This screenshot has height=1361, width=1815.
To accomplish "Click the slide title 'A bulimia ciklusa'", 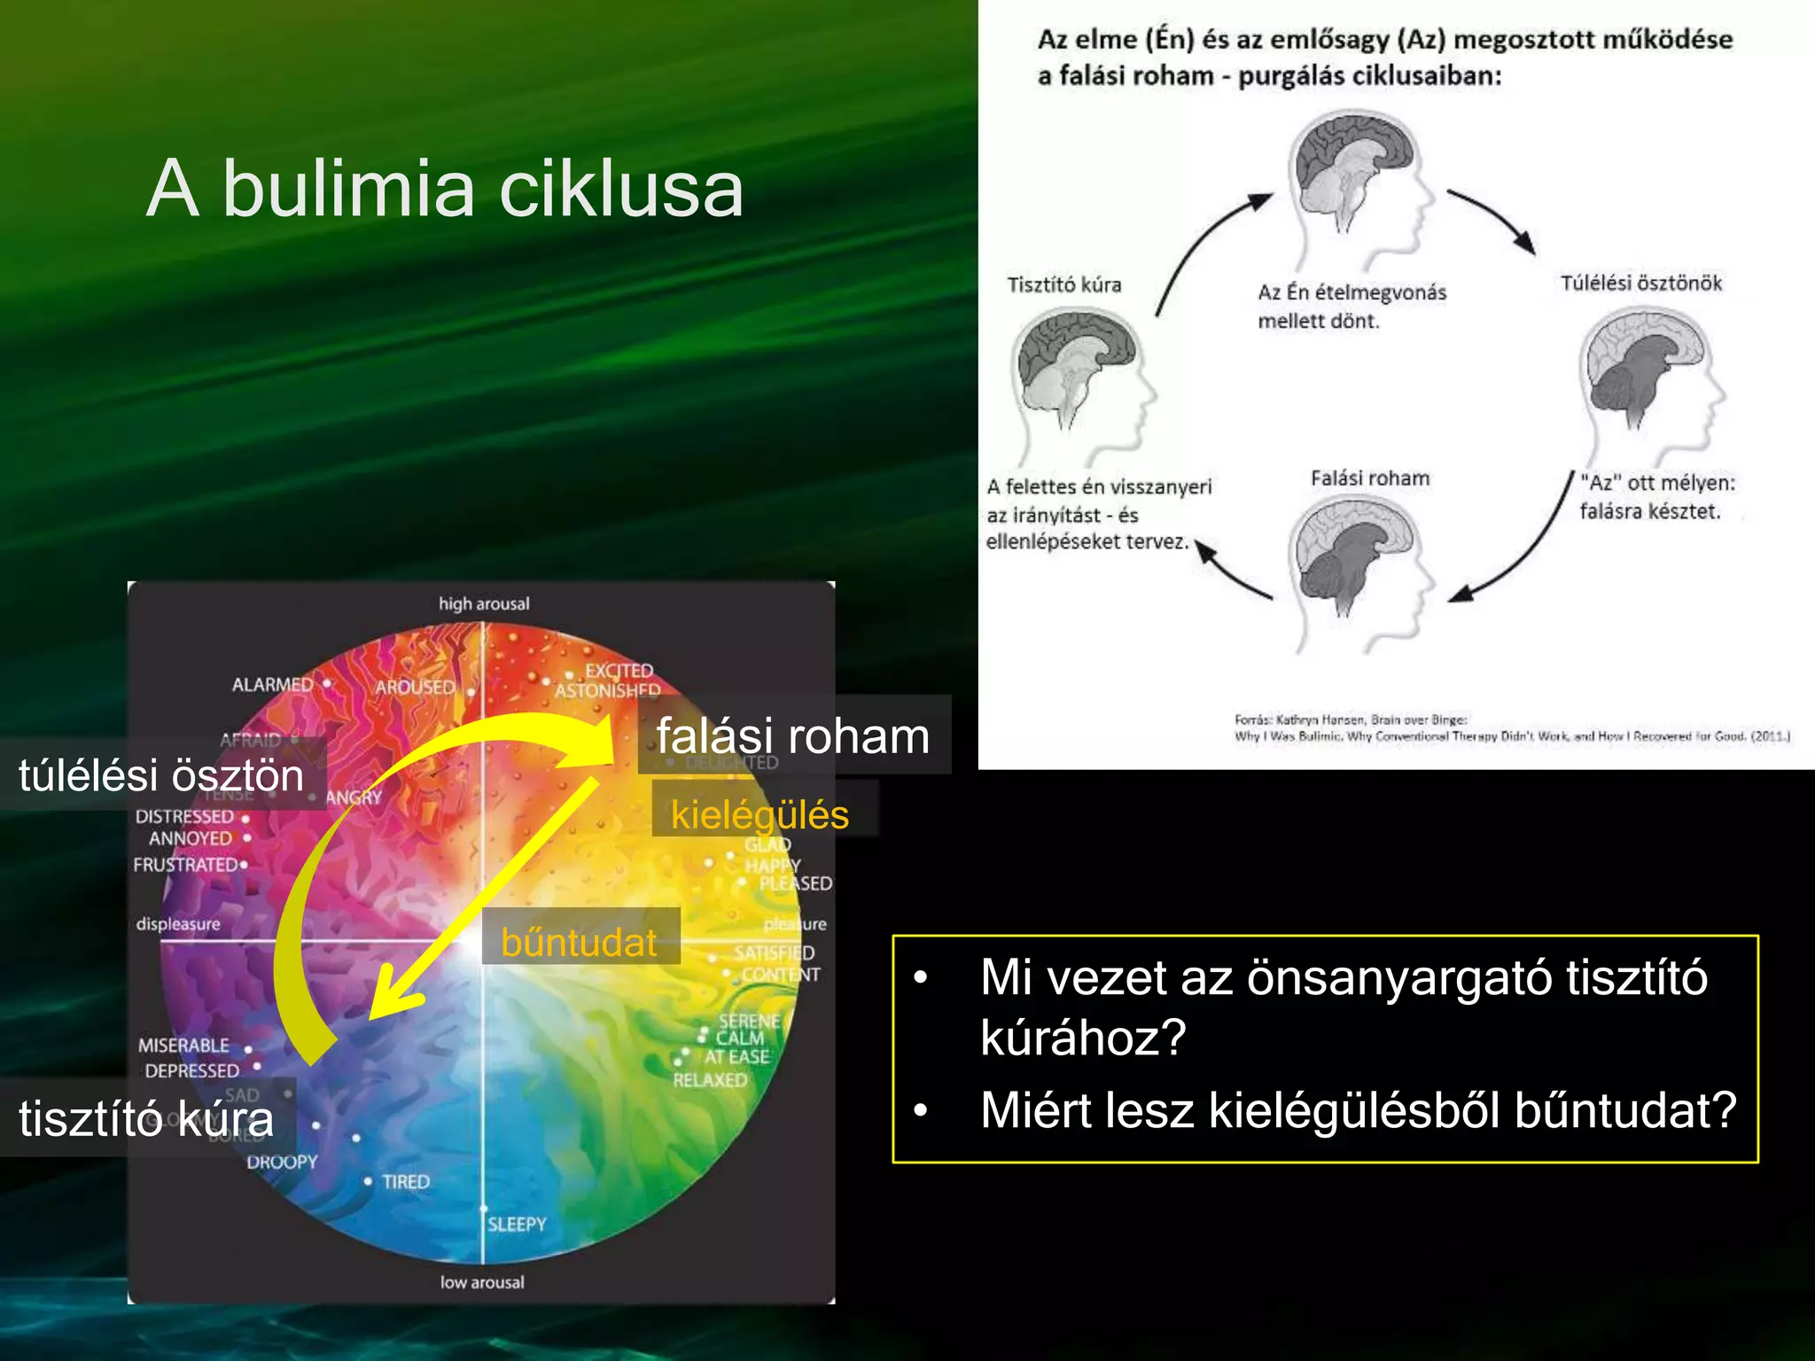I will (x=445, y=189).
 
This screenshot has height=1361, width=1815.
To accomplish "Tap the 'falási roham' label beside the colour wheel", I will (x=792, y=736).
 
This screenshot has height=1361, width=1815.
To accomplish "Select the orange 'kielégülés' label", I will (x=759, y=814).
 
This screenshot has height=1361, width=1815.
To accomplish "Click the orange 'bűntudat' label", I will (x=579, y=942).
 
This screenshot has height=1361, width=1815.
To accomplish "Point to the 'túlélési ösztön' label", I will (x=161, y=775).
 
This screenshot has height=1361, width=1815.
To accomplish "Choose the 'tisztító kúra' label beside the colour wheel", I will (x=146, y=1118).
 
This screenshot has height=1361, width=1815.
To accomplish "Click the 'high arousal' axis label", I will (x=484, y=604).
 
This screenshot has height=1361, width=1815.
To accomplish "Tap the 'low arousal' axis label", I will (x=482, y=1282).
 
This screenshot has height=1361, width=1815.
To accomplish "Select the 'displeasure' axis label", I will (x=178, y=924).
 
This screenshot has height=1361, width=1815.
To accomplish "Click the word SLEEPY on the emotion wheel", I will (x=517, y=1225).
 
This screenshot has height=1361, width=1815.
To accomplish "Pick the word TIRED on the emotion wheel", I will (x=405, y=1182).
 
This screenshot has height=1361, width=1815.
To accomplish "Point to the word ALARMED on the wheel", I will (x=272, y=685).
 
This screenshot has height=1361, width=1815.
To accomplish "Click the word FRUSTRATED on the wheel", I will (x=185, y=865).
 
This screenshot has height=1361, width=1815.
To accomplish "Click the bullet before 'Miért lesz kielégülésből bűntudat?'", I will (x=922, y=1110).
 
